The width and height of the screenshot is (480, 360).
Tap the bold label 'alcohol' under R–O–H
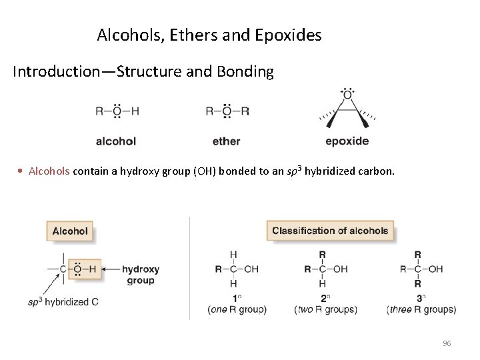[116, 141]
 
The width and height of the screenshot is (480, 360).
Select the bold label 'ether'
[227, 141]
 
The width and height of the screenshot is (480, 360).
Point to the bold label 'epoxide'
[347, 141]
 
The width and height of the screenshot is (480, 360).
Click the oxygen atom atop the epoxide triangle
[347, 95]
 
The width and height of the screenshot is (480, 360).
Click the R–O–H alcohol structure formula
[117, 111]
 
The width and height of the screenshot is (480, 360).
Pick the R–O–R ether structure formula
[227, 111]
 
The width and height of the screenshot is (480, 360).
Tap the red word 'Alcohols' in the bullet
[49, 171]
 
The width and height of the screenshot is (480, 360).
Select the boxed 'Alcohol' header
[70, 231]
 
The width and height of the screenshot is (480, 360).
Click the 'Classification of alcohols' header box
[330, 231]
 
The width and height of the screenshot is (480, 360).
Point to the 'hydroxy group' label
[140, 275]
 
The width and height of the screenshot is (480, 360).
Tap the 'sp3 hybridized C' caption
[63, 302]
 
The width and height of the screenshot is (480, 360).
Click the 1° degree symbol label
[235, 298]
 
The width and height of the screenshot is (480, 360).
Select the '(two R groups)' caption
[325, 309]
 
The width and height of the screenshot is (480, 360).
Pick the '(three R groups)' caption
[421, 309]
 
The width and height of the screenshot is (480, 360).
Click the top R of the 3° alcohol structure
[417, 255]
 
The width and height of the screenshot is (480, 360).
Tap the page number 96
[447, 343]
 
